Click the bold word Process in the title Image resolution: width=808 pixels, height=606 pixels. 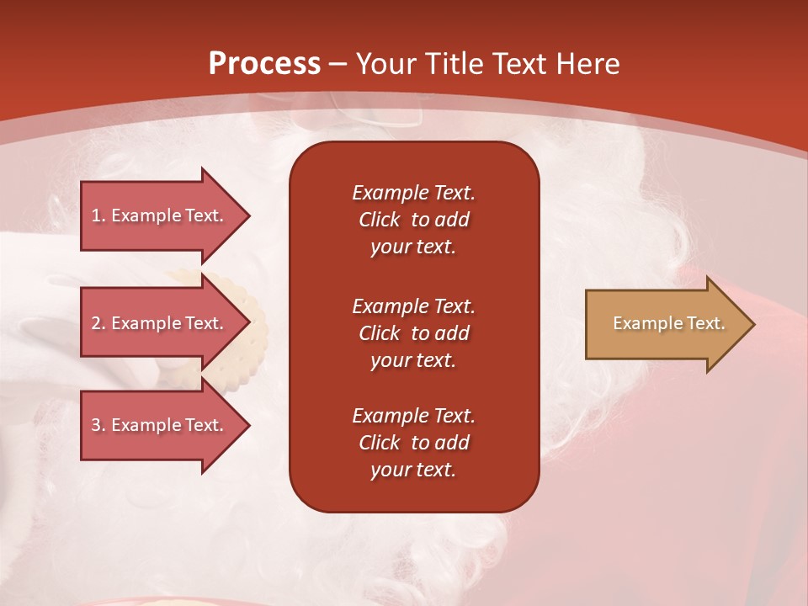(x=264, y=64)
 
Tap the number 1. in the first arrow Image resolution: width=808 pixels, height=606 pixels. (x=98, y=215)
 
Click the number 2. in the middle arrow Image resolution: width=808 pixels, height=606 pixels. (x=98, y=323)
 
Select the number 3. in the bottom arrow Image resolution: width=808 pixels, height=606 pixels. (x=98, y=425)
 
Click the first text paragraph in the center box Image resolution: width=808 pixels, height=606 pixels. (x=413, y=220)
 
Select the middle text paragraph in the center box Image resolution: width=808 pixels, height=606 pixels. (x=413, y=332)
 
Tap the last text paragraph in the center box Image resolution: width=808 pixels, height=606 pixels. (x=413, y=443)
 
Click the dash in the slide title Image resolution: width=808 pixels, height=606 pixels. (x=338, y=64)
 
